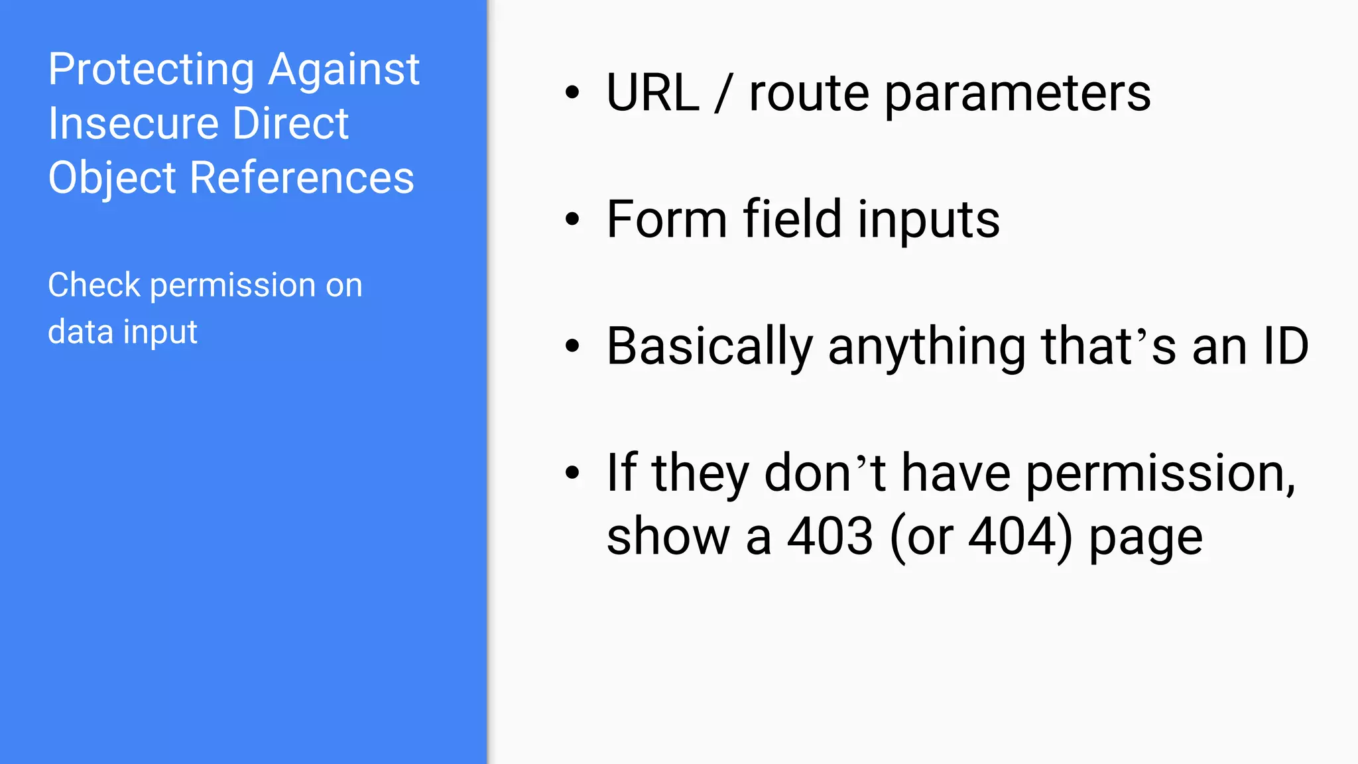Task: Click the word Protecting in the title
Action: click(151, 70)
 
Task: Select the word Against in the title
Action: click(344, 70)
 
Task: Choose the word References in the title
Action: click(302, 178)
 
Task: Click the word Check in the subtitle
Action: click(94, 285)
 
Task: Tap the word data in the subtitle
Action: click(80, 332)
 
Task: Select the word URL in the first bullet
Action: click(652, 93)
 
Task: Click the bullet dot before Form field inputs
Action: click(572, 219)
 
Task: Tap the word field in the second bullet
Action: click(792, 219)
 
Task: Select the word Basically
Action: click(710, 346)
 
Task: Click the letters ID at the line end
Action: click(1286, 346)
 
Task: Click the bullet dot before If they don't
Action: click(572, 473)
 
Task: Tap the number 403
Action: click(830, 536)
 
